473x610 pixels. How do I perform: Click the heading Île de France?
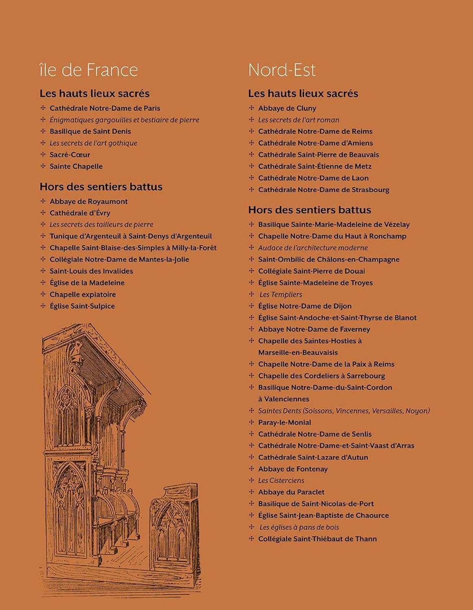tap(89, 70)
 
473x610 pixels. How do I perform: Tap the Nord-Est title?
tap(282, 70)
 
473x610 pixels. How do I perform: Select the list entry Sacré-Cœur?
tap(70, 155)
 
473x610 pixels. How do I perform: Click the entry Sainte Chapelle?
tap(76, 166)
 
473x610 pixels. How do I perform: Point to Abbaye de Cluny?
tap(287, 108)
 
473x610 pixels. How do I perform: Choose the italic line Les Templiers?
tap(280, 294)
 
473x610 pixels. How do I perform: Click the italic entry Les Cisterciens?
tap(281, 480)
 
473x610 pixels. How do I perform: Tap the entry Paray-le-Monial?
tap(285, 422)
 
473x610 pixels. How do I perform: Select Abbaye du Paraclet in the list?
tap(291, 492)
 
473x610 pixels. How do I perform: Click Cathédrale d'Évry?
tap(80, 213)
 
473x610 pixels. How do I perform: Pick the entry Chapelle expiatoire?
tap(83, 294)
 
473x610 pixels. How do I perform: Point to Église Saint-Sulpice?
tap(82, 306)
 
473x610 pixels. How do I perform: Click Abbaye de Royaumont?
tap(88, 201)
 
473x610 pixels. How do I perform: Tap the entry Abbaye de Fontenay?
tap(293, 469)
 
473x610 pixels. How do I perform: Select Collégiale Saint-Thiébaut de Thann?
tap(318, 539)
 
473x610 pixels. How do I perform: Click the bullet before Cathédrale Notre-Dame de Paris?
tap(43, 108)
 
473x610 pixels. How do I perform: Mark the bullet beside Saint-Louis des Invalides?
tap(43, 271)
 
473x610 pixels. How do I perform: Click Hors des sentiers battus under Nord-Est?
tap(309, 210)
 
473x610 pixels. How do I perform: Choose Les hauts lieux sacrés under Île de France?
tap(94, 94)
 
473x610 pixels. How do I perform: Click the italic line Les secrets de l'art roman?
tap(298, 120)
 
